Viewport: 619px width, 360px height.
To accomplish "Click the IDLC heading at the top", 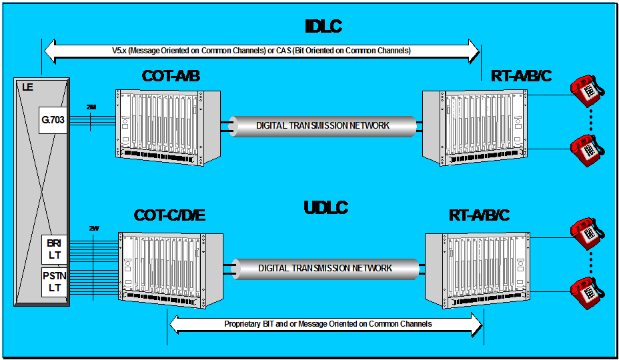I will click(x=323, y=27).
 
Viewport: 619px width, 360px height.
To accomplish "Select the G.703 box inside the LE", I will click(x=53, y=121).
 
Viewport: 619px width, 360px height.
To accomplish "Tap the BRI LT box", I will click(x=53, y=249).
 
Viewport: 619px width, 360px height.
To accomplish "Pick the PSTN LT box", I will click(x=53, y=281).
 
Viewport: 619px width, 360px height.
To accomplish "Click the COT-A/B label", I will click(x=171, y=76).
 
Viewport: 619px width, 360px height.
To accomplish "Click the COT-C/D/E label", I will click(x=169, y=215).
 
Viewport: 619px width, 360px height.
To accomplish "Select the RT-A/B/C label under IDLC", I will click(x=521, y=76).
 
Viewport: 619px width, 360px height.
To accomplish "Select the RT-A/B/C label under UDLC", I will click(x=480, y=215).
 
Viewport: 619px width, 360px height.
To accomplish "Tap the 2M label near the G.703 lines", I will click(x=91, y=107).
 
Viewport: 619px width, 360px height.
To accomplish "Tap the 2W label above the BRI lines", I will click(x=93, y=228).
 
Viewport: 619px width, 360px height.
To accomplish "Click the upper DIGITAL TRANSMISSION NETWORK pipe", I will click(x=323, y=125).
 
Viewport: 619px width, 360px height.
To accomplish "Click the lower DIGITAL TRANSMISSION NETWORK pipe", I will click(x=326, y=268).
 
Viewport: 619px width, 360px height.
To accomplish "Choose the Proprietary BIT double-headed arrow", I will click(x=327, y=324).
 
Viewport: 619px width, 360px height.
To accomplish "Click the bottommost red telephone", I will click(x=586, y=291).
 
